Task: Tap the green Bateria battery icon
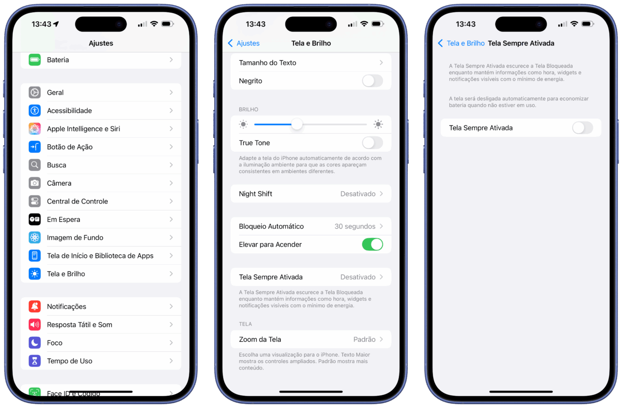click(35, 60)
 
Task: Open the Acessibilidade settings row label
click(70, 111)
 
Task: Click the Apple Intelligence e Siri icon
click(35, 129)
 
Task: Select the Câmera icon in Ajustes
click(35, 183)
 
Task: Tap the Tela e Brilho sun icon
click(35, 274)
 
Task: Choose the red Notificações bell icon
click(35, 306)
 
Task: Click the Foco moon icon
click(35, 343)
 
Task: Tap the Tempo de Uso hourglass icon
click(35, 361)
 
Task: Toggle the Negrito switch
click(372, 81)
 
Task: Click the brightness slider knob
click(297, 124)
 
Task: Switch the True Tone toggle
click(372, 143)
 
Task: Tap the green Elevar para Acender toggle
click(372, 245)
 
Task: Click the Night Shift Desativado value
click(357, 194)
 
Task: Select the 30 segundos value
click(355, 226)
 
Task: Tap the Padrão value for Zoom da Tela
click(364, 339)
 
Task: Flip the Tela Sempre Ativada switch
click(583, 128)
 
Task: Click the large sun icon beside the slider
click(378, 124)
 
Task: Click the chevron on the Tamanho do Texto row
click(381, 63)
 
